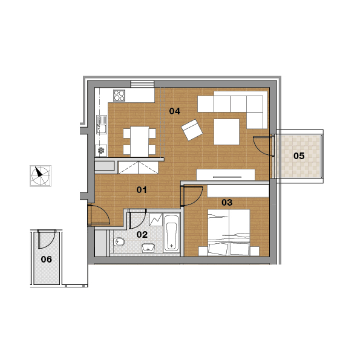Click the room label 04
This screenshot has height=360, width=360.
(x=174, y=111)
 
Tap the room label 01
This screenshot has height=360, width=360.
(x=142, y=190)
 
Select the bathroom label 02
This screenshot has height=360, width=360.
(x=142, y=235)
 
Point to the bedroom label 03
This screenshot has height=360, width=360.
(x=227, y=203)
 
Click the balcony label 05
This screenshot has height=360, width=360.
(x=299, y=156)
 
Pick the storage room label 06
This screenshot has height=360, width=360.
(x=47, y=260)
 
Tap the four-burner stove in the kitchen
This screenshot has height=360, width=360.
(x=119, y=96)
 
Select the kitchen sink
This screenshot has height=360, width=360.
(x=101, y=125)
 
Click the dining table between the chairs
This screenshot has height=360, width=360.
(x=140, y=142)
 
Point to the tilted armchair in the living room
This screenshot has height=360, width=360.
(x=192, y=129)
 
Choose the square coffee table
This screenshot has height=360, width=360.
(x=227, y=132)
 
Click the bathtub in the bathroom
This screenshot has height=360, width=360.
(x=171, y=233)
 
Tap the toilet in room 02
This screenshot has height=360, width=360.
(x=119, y=242)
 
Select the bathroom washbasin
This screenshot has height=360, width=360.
(x=148, y=248)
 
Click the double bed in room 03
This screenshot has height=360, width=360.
(x=229, y=232)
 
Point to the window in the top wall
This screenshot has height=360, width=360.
(x=142, y=84)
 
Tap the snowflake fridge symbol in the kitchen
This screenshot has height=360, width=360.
(x=101, y=151)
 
